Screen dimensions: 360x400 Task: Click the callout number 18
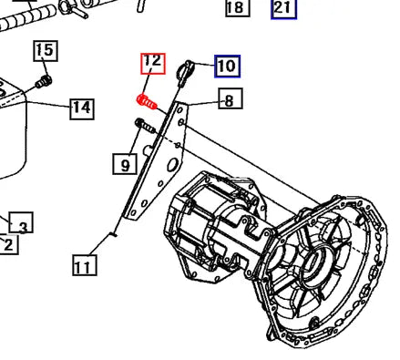(235, 8)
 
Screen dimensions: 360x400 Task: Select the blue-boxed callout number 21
(283, 9)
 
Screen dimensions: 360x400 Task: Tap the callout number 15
(45, 51)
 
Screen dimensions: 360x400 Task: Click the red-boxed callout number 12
(152, 63)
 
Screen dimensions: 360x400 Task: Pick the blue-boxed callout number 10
(227, 66)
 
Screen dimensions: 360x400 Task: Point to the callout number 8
(231, 99)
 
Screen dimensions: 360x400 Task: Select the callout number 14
(82, 108)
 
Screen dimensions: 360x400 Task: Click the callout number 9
(124, 164)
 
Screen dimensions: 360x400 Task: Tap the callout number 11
(83, 266)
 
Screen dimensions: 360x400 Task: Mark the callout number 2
(7, 244)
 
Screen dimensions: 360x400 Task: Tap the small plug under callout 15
(42, 85)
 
